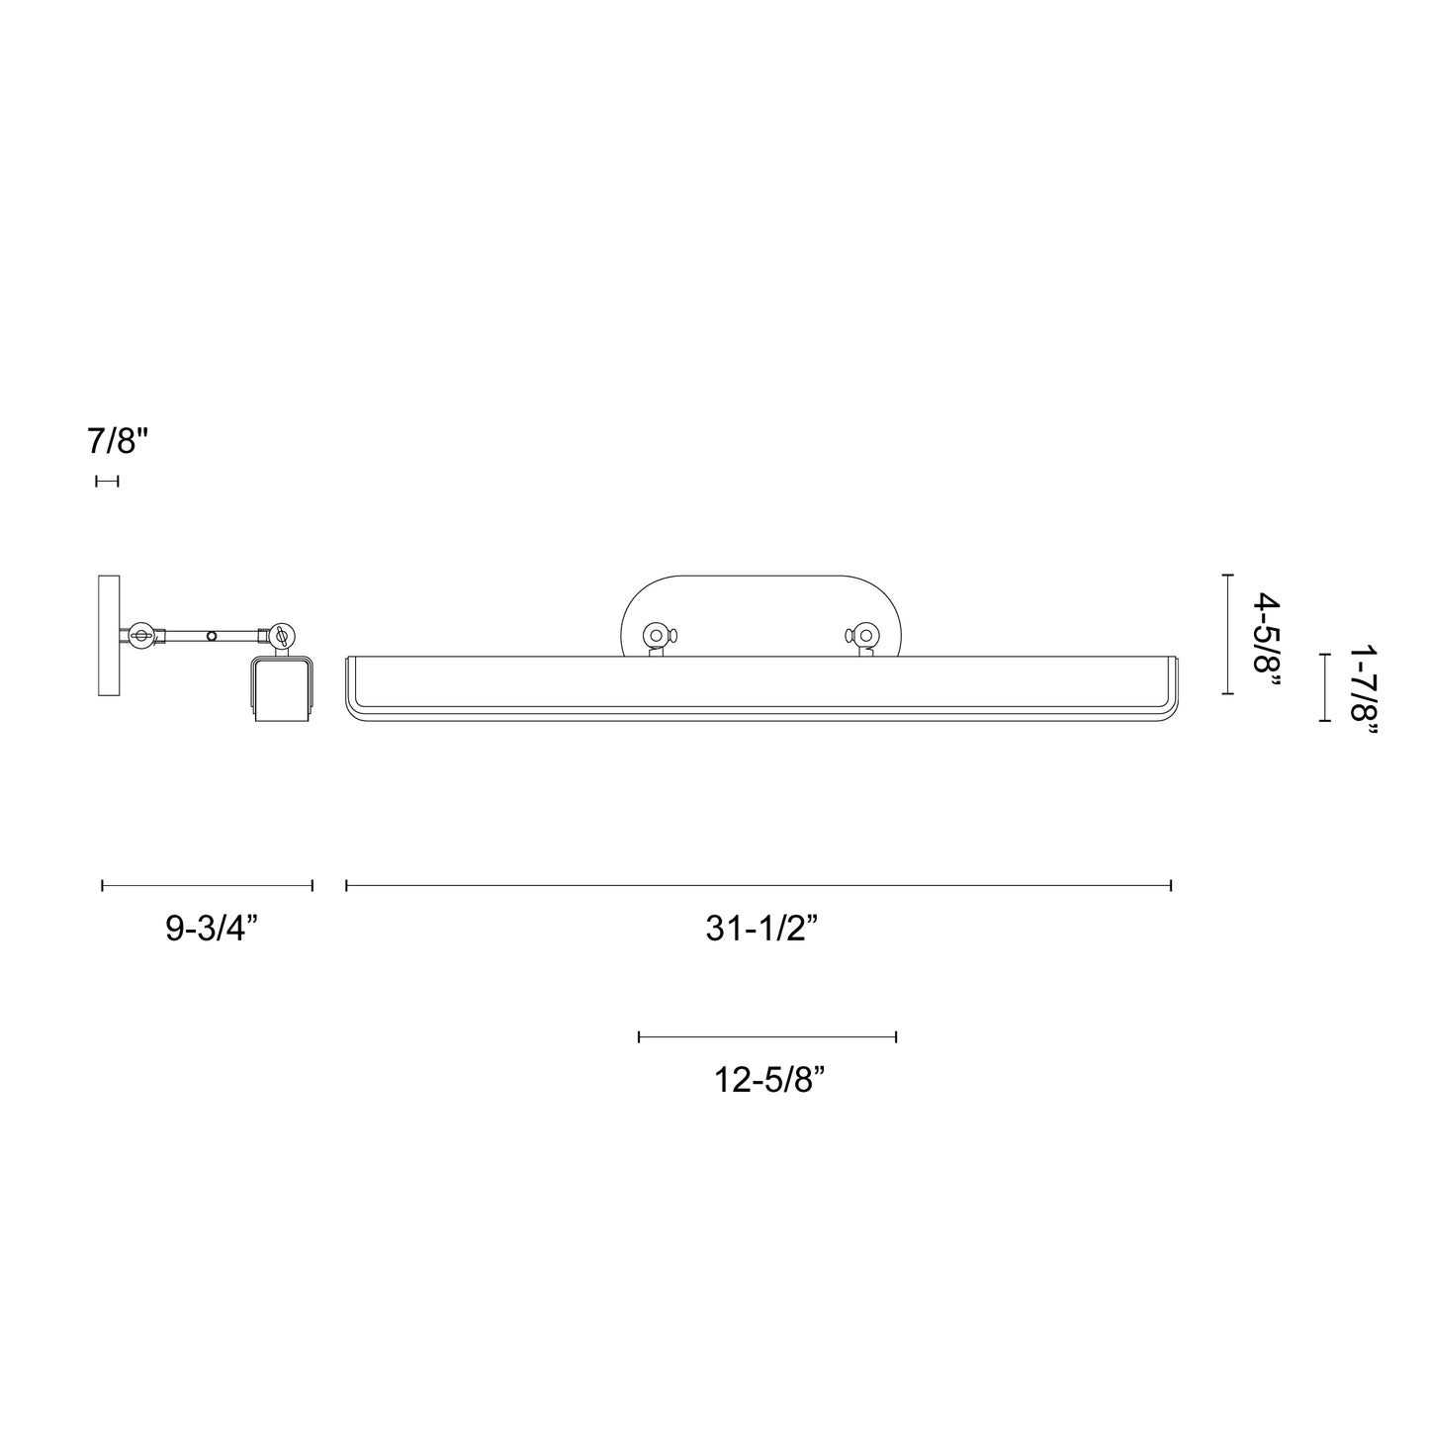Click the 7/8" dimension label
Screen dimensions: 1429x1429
pos(117,440)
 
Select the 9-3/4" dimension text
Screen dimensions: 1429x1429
pos(212,929)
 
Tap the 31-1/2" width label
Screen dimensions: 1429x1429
pos(760,929)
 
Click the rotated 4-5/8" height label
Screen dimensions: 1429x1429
pos(1266,633)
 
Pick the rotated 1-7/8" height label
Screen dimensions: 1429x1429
pos(1363,689)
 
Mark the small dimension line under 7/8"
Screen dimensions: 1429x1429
pos(107,481)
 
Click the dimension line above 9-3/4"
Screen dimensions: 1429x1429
pos(207,885)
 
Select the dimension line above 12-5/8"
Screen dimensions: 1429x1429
pos(767,1036)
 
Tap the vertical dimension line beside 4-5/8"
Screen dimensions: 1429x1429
pos(1227,634)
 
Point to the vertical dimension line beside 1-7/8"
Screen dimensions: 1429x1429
pos(1323,687)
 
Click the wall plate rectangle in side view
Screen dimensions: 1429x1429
pos(109,635)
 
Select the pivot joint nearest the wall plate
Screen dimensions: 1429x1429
pos(140,635)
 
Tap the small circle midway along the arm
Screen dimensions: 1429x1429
pos(211,636)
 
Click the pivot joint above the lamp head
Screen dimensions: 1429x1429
pos(281,635)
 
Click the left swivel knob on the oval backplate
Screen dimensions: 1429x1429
pos(655,634)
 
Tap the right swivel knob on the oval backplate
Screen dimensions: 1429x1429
pos(865,634)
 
